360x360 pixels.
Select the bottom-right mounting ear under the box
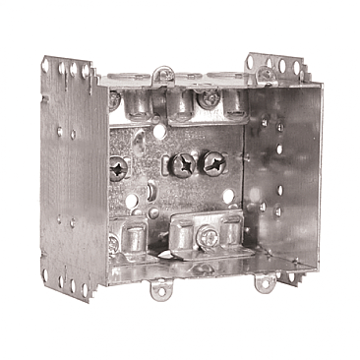(265, 285)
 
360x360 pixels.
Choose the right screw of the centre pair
(213, 160)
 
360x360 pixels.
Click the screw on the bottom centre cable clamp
(210, 236)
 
